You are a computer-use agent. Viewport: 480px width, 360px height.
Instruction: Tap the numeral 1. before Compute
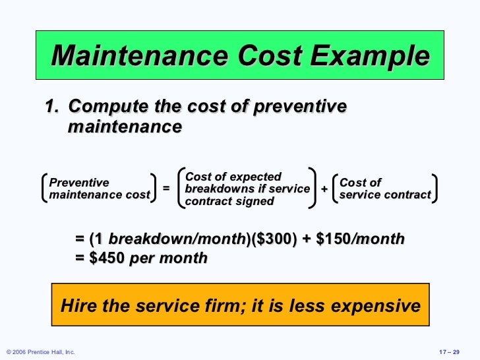click(52, 107)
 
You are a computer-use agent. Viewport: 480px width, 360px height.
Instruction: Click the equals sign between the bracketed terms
click(166, 189)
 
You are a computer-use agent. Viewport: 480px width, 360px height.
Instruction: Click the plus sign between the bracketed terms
click(324, 189)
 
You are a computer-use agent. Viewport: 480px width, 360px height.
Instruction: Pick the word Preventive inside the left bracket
click(80, 183)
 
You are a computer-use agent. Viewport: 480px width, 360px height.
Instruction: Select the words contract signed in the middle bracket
click(229, 202)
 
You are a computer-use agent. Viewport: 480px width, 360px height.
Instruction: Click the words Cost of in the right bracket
click(361, 183)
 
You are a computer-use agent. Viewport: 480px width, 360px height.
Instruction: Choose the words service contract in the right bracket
click(385, 195)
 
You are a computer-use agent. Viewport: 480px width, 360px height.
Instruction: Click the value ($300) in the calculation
click(270, 239)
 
